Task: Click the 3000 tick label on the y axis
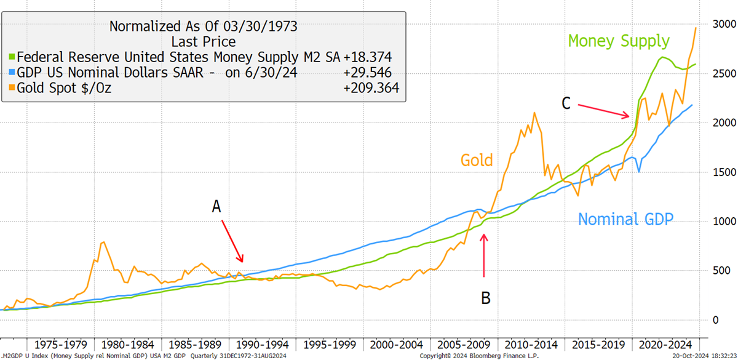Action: pos(724,25)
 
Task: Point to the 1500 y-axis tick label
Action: pos(724,172)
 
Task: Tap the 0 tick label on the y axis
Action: pos(716,320)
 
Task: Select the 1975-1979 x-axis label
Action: pos(61,345)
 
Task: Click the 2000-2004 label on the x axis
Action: pos(396,345)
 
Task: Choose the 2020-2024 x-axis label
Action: pos(665,345)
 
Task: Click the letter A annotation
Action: pos(216,207)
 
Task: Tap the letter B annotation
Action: pos(486,298)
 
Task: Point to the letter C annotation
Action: pos(566,103)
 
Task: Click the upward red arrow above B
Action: pos(484,255)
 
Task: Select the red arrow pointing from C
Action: pos(603,111)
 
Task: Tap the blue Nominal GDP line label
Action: pos(625,219)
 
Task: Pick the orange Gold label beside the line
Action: pos(477,160)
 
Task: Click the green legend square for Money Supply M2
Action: pos(12,57)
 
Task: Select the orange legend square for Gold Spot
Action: pos(12,87)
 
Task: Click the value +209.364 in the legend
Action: pos(371,88)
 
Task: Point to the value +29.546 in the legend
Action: pos(368,73)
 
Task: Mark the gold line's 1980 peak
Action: pos(104,242)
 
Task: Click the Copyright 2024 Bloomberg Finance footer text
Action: pos(479,356)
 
